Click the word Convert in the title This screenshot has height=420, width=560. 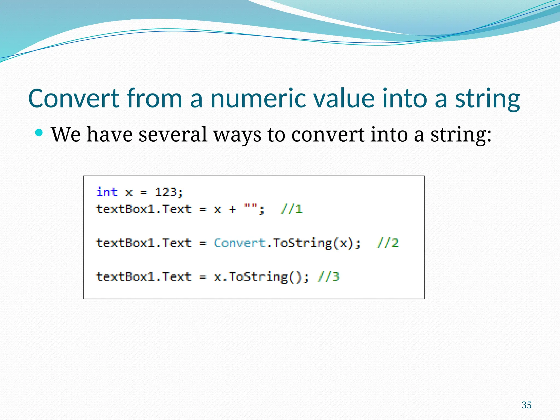(74, 98)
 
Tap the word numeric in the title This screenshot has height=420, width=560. (258, 98)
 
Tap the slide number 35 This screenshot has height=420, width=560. (526, 405)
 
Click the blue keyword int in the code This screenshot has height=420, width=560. (107, 192)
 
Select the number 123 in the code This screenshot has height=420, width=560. (166, 192)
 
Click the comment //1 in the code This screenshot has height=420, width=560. (291, 209)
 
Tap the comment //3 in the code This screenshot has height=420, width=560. (328, 277)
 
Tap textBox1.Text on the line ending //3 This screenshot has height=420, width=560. (144, 277)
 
